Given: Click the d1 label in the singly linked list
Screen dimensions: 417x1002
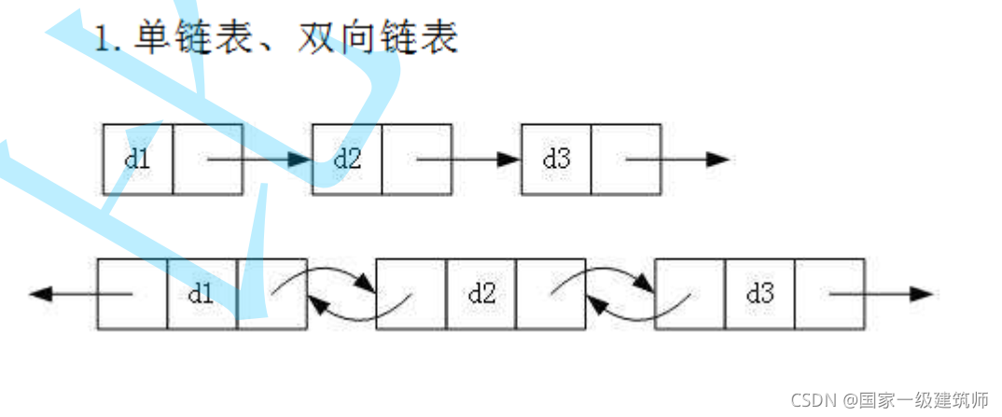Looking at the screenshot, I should (x=137, y=159).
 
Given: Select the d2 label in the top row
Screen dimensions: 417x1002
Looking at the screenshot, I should (x=347, y=159).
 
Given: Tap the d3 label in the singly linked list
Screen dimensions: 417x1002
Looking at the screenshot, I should (x=556, y=159).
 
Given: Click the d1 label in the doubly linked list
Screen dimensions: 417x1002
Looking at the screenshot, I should (x=202, y=294).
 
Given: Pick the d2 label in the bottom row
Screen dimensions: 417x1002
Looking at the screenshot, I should (x=481, y=294).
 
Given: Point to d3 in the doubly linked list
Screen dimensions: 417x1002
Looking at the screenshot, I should (x=760, y=294).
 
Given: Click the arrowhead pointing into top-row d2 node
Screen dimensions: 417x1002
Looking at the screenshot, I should (x=300, y=160).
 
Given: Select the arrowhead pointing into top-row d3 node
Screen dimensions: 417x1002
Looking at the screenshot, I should (x=509, y=160).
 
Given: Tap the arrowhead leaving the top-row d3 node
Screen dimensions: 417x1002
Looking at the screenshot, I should (x=717, y=160).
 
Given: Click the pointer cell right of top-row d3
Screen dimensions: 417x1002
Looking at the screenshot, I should (x=626, y=160).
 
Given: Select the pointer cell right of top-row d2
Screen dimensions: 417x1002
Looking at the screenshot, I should (x=417, y=160).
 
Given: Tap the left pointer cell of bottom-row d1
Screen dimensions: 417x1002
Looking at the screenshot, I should (x=132, y=294).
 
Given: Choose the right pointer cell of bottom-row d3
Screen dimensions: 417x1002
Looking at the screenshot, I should (x=829, y=294).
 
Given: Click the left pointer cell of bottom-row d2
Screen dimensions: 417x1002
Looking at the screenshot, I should (x=411, y=294).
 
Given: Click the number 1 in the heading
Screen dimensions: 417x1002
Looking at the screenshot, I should (x=102, y=38).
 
